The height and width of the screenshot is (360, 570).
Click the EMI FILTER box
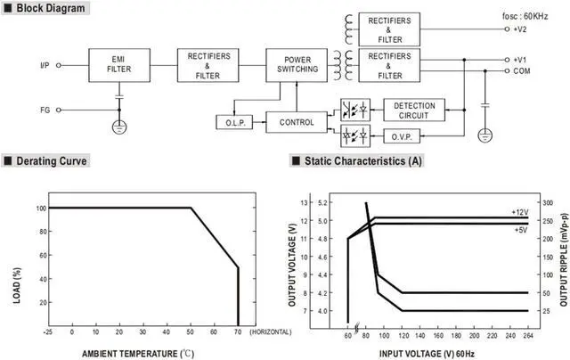click(119, 65)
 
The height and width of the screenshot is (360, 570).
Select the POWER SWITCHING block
click(297, 65)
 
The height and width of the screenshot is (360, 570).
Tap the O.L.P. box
click(234, 123)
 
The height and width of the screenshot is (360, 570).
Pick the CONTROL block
click(297, 122)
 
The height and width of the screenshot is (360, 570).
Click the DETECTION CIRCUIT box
click(414, 110)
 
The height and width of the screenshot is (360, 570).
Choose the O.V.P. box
click(402, 136)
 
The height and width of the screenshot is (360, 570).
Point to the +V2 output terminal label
click(520, 29)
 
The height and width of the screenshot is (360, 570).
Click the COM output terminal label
click(522, 71)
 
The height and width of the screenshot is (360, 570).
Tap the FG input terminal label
click(45, 110)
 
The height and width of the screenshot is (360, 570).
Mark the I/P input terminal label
click(45, 65)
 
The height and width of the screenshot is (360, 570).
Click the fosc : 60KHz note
click(525, 16)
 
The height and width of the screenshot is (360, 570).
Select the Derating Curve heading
click(52, 161)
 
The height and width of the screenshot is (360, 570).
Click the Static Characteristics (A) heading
click(362, 160)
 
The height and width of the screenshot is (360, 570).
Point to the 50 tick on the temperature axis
click(190, 332)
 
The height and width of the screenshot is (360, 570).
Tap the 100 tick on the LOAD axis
click(41, 209)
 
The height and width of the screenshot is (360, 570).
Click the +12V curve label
click(520, 212)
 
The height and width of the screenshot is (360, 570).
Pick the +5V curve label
click(521, 230)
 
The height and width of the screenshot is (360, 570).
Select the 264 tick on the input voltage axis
click(528, 335)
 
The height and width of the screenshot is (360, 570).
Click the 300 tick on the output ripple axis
click(548, 202)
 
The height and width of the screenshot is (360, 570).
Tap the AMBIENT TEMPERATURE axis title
click(129, 354)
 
